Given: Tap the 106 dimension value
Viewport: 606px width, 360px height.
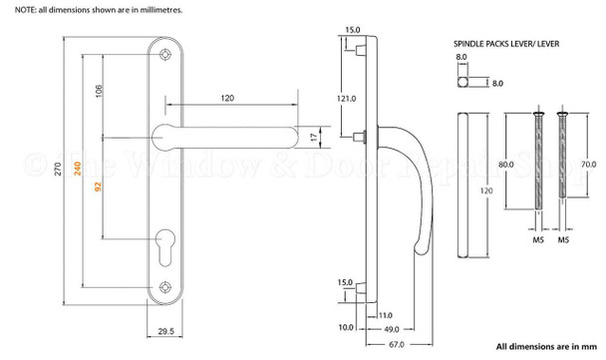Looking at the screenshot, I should click(98, 93).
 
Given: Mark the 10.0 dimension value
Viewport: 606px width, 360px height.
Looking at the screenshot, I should click(345, 327).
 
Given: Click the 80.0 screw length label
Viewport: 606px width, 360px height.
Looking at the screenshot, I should click(506, 164).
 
